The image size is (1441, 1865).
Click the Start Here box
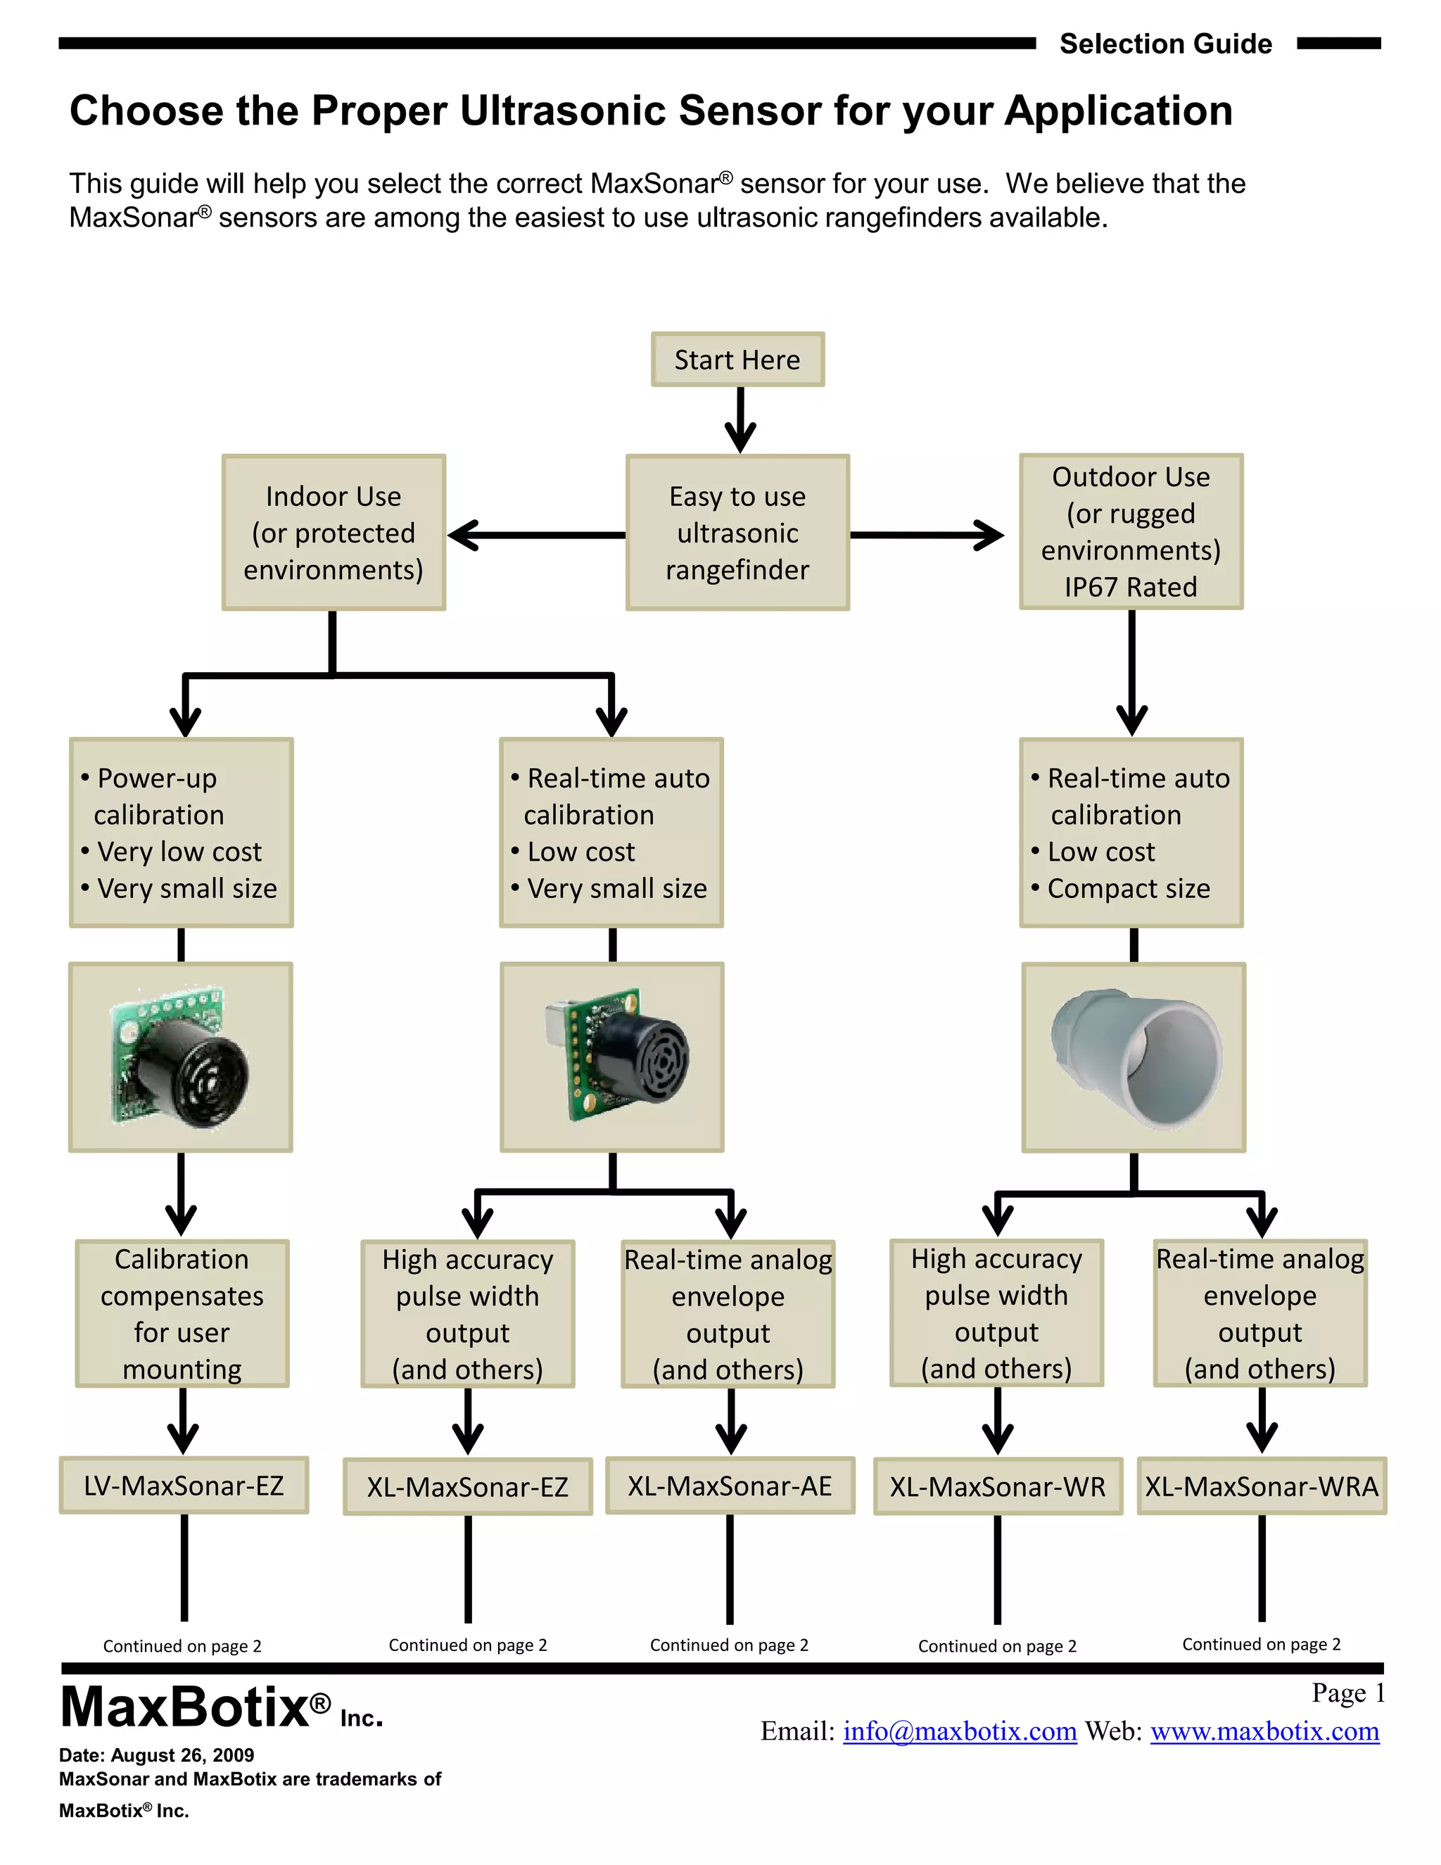(x=737, y=360)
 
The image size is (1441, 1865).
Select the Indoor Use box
(x=334, y=532)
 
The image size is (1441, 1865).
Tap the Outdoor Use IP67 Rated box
(x=1131, y=531)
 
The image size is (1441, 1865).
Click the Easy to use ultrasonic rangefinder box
(x=737, y=532)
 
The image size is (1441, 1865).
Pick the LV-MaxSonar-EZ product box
(x=184, y=1485)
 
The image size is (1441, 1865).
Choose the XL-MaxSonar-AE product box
(x=730, y=1486)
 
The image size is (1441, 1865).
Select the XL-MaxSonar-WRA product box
(x=1262, y=1486)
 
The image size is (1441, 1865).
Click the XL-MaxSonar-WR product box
(x=997, y=1486)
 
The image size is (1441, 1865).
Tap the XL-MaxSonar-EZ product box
(x=468, y=1486)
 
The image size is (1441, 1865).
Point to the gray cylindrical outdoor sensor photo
(x=1134, y=1057)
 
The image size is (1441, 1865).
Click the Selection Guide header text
(x=1165, y=44)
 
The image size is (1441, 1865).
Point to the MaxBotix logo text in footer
(x=196, y=1707)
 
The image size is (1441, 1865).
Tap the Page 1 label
(x=1348, y=1693)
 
